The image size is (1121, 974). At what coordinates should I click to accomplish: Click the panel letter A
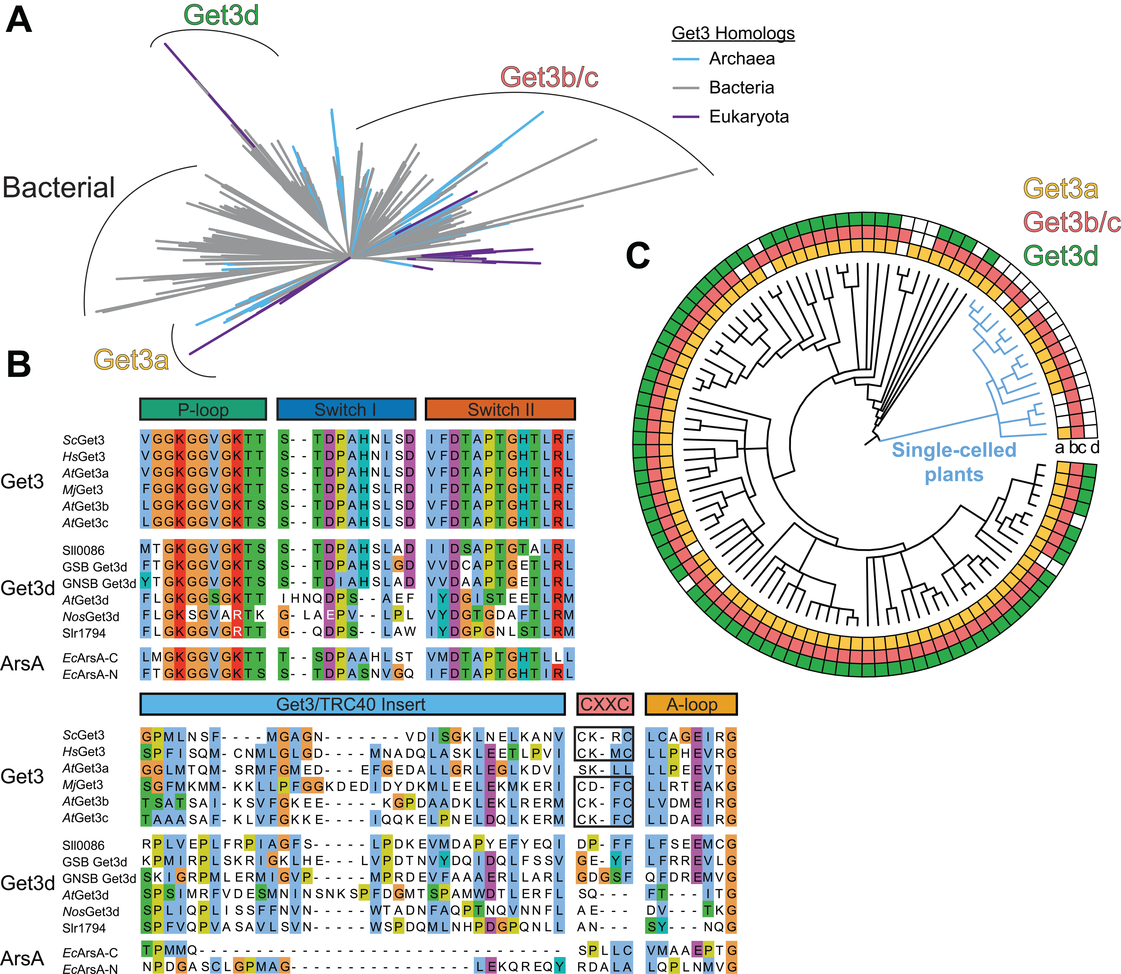coord(19,22)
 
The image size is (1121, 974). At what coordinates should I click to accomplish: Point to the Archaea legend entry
coord(742,59)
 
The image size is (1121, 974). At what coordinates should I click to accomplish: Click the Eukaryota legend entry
coord(749,116)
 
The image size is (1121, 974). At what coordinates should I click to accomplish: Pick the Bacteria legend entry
coord(741,88)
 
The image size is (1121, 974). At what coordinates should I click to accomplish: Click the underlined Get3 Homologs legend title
coord(733,33)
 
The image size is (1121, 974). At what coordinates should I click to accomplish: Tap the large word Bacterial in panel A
coord(59,188)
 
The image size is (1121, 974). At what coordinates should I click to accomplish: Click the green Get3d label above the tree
coord(221,15)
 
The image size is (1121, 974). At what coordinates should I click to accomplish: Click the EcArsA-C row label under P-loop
coord(90,658)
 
